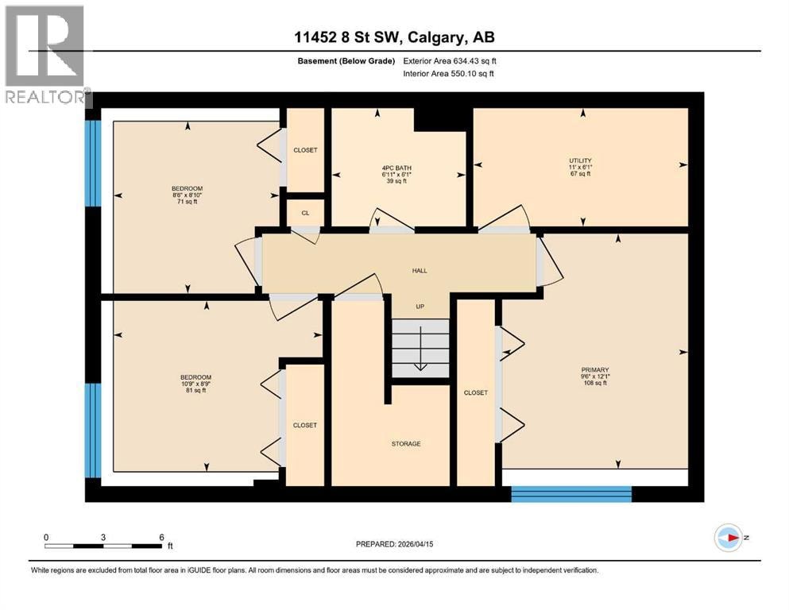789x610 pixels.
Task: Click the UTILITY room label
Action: click(580, 161)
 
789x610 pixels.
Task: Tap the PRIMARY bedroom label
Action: click(595, 369)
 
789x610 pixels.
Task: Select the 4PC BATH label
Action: click(396, 168)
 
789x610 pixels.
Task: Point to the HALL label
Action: click(420, 271)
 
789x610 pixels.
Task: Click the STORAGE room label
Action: click(406, 443)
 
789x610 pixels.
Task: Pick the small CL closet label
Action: click(305, 213)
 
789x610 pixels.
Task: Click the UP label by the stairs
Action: click(420, 307)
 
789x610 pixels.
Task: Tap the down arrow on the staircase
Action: click(420, 348)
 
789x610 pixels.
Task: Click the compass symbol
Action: click(729, 538)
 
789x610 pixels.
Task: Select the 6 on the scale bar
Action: click(161, 537)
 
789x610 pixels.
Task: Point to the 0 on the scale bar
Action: click(46, 537)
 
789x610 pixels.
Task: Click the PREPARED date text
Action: click(394, 544)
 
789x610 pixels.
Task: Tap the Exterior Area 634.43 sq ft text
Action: click(450, 61)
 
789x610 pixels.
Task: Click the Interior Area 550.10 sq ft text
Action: click(448, 73)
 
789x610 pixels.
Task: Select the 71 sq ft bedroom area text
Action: click(188, 202)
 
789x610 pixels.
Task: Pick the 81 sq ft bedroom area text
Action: click(195, 390)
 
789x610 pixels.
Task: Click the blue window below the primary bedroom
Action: click(571, 494)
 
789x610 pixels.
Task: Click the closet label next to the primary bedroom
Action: click(475, 392)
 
